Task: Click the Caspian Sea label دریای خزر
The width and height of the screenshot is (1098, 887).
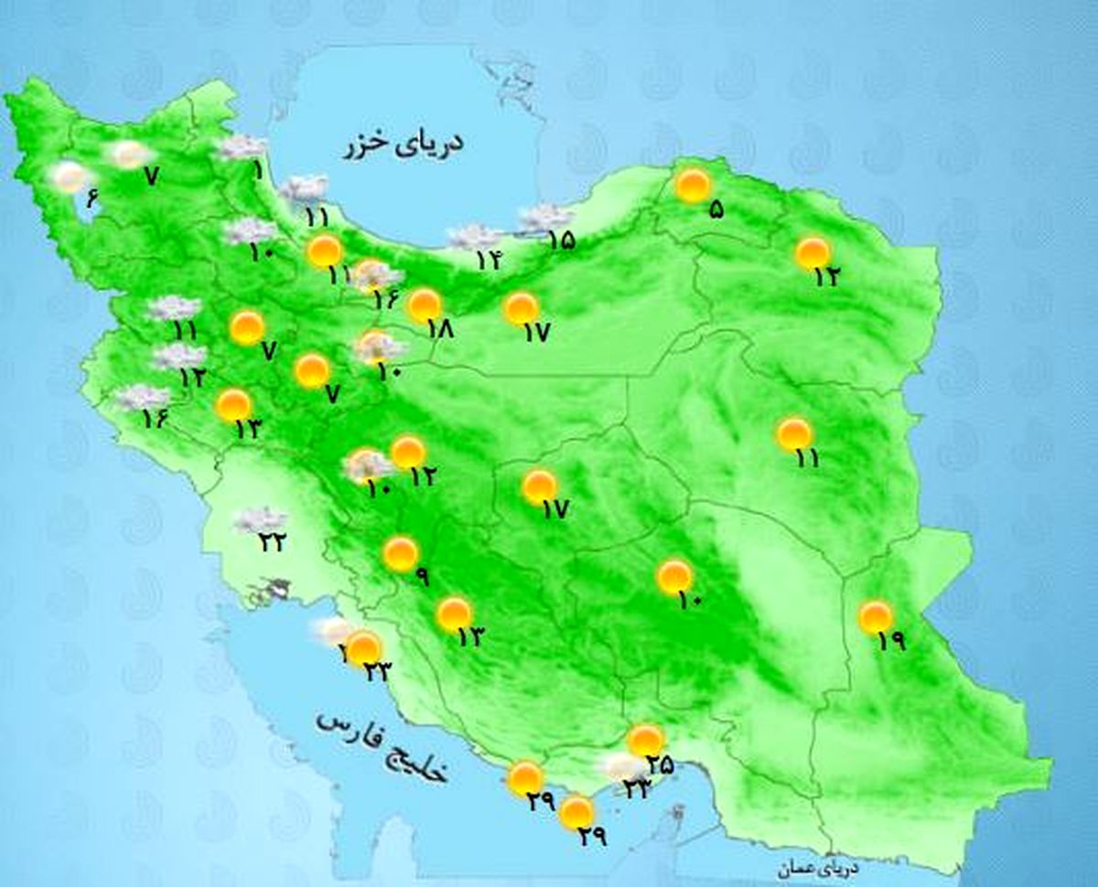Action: coord(404,146)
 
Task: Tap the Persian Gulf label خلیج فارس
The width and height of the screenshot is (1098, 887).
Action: coord(382,746)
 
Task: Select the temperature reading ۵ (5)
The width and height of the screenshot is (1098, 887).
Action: coord(716,209)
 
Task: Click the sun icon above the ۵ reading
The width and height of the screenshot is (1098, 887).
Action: coord(693,186)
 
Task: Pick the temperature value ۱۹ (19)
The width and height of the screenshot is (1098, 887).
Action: coord(890,641)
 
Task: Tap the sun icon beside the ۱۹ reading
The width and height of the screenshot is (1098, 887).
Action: coord(876,617)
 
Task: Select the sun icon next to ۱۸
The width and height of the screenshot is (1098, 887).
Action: coord(425,305)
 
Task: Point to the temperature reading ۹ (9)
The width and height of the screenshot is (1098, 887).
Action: coord(422,576)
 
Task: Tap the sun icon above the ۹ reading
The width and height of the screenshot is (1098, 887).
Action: coord(401,554)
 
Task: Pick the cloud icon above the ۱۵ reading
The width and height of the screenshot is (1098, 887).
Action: coord(546,219)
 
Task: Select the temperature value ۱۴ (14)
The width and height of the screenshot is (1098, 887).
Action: coord(488,260)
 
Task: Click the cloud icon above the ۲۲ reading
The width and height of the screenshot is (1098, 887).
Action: coord(260,520)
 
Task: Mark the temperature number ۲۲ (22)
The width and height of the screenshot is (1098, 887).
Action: coord(272,542)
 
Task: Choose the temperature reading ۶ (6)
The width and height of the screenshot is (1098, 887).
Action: coord(91,197)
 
